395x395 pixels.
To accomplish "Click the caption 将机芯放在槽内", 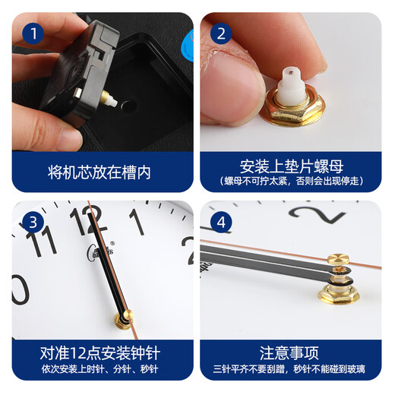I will (x=103, y=172).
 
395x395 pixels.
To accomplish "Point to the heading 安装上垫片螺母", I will (x=291, y=166).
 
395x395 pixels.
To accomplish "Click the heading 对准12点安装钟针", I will (x=103, y=353).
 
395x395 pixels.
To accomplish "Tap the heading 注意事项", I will (x=291, y=353).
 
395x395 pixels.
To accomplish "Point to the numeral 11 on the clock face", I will (x=41, y=241).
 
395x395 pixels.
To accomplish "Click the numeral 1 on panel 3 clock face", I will (x=137, y=222).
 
